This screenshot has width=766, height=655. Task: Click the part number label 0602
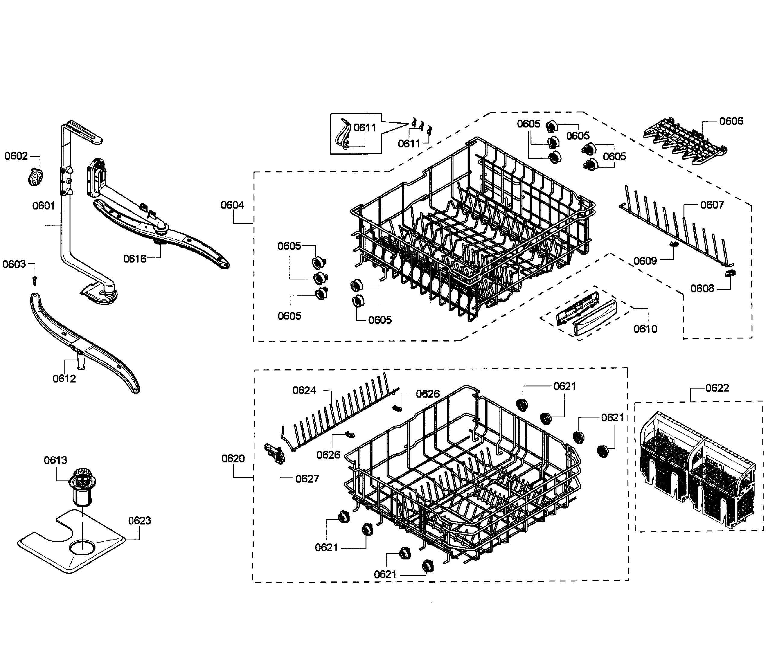(x=16, y=156)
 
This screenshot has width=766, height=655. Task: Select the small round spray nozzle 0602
(x=36, y=177)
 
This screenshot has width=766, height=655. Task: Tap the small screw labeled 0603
(x=35, y=281)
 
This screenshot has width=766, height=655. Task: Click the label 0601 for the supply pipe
(x=43, y=206)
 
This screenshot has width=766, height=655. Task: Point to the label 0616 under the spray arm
(x=135, y=259)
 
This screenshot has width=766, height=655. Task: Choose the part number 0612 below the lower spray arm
(x=64, y=379)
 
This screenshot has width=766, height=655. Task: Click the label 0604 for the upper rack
(x=232, y=205)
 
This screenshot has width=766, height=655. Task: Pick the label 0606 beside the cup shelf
(x=731, y=121)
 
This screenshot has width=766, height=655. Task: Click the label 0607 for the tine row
(x=712, y=205)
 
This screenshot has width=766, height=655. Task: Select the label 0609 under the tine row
(x=645, y=261)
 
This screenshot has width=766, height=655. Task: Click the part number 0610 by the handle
(x=645, y=329)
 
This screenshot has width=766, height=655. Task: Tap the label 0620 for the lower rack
(x=233, y=459)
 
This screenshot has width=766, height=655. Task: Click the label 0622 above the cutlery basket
(x=717, y=388)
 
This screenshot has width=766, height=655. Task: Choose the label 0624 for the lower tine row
(x=304, y=390)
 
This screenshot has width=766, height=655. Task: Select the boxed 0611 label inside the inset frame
(x=365, y=128)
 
